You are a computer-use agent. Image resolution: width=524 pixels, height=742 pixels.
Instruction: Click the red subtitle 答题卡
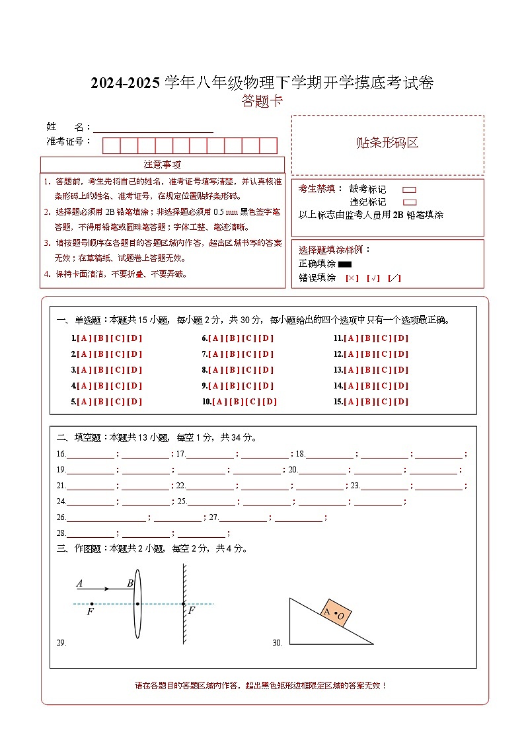click(262, 101)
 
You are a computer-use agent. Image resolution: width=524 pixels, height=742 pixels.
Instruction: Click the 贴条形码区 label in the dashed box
click(387, 143)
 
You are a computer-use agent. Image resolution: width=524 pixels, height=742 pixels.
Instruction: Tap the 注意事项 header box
click(163, 165)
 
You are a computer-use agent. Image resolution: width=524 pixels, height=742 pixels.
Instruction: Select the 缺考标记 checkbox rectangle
click(409, 190)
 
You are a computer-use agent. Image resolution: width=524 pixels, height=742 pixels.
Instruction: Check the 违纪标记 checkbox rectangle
click(409, 202)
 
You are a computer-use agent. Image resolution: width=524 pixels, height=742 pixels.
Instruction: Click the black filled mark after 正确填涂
click(344, 265)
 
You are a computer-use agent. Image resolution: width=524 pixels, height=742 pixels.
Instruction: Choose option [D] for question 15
click(401, 402)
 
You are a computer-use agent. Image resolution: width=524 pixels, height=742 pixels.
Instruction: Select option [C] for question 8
click(249, 370)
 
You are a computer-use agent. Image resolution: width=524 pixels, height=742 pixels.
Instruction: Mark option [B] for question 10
click(237, 402)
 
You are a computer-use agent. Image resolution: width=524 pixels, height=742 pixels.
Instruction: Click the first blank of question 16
click(90, 455)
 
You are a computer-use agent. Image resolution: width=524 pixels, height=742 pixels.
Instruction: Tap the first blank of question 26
click(106, 519)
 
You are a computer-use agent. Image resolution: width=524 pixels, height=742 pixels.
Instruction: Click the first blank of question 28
click(90, 535)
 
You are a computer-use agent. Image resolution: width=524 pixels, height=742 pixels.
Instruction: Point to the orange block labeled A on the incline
click(335, 612)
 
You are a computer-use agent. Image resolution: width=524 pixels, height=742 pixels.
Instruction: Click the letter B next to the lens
click(130, 583)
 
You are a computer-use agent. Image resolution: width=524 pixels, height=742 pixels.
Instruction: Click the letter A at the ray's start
click(79, 583)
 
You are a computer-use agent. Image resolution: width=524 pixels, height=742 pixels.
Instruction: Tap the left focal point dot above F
click(91, 604)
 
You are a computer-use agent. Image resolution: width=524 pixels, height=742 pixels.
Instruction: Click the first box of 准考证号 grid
click(111, 145)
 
